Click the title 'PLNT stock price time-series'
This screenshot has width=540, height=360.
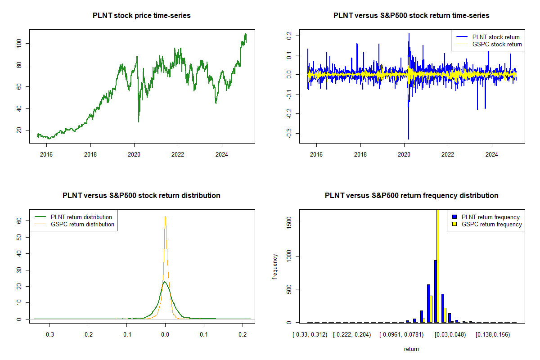[x=142, y=16]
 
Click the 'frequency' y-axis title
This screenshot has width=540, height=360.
[x=275, y=266]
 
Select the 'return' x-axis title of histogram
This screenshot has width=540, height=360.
[x=411, y=349]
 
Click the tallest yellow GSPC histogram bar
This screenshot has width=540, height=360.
[x=438, y=270]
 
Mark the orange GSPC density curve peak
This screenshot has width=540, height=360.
[x=165, y=216]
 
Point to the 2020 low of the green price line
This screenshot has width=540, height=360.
[x=139, y=121]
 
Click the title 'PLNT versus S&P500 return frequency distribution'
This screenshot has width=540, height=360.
[x=411, y=196]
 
